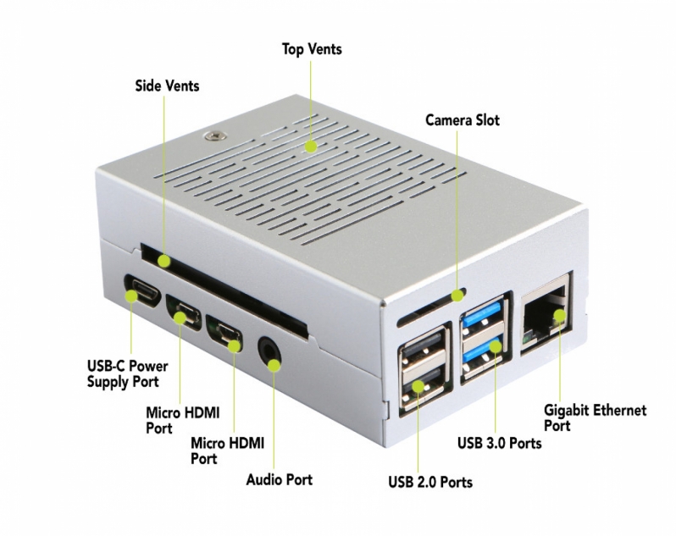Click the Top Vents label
[312, 49]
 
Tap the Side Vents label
[167, 86]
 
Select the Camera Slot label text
[463, 120]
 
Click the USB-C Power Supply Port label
[128, 374]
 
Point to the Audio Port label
[279, 479]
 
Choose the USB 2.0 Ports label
[430, 482]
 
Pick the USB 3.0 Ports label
[499, 443]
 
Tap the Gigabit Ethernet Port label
[595, 417]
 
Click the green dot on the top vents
[311, 146]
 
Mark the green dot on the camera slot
[457, 296]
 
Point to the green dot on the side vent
[163, 261]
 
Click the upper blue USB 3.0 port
[483, 315]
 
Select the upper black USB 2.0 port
[423, 347]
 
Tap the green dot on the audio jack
[274, 365]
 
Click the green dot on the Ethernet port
[559, 316]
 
